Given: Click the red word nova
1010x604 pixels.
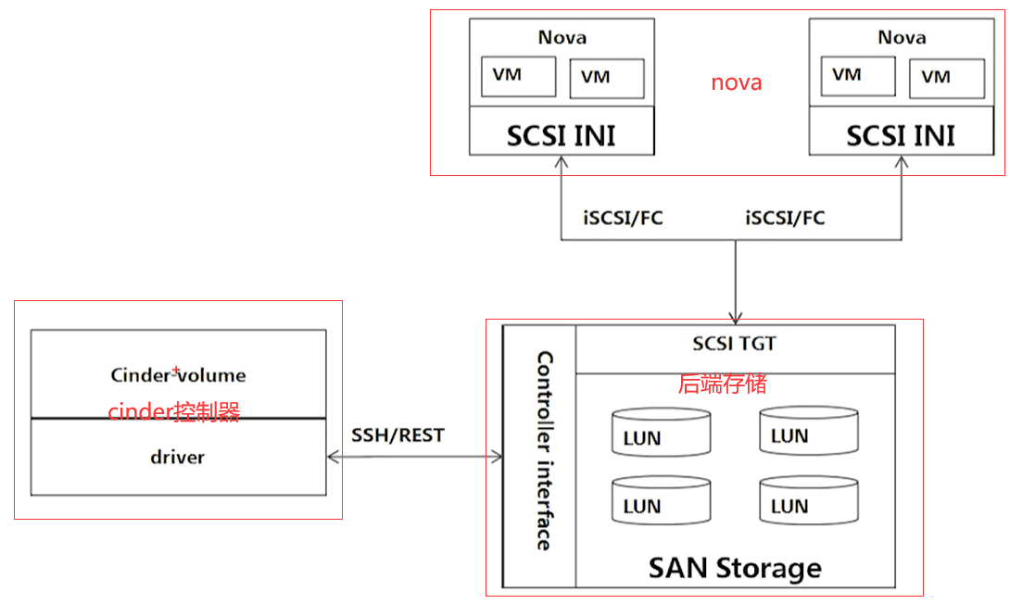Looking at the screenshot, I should point(737,82).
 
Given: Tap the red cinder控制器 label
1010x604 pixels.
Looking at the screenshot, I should point(174,412).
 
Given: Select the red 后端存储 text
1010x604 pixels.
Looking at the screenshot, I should point(723,384).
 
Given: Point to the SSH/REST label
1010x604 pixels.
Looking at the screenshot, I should point(398,435).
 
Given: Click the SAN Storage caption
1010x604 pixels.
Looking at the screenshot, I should point(735,567).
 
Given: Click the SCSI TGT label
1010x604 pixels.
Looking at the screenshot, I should point(735,344).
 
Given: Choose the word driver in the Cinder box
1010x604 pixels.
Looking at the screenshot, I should point(177,457).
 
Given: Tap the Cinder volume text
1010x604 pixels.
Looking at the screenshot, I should point(178,375).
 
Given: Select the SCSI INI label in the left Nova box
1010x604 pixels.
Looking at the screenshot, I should point(561,136).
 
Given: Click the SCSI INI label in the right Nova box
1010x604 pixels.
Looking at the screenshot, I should point(901,136).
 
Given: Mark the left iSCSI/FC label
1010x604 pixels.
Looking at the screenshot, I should point(623,219).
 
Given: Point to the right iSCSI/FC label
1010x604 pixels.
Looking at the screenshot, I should point(785,219).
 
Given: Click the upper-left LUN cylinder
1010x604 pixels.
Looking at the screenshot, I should point(649,433).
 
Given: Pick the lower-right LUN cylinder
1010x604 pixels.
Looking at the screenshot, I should point(796,500).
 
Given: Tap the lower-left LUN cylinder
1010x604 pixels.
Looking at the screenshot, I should point(649,501).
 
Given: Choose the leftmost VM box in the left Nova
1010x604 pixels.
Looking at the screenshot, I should point(518,76).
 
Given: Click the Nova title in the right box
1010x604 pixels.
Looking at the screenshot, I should point(902,38).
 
